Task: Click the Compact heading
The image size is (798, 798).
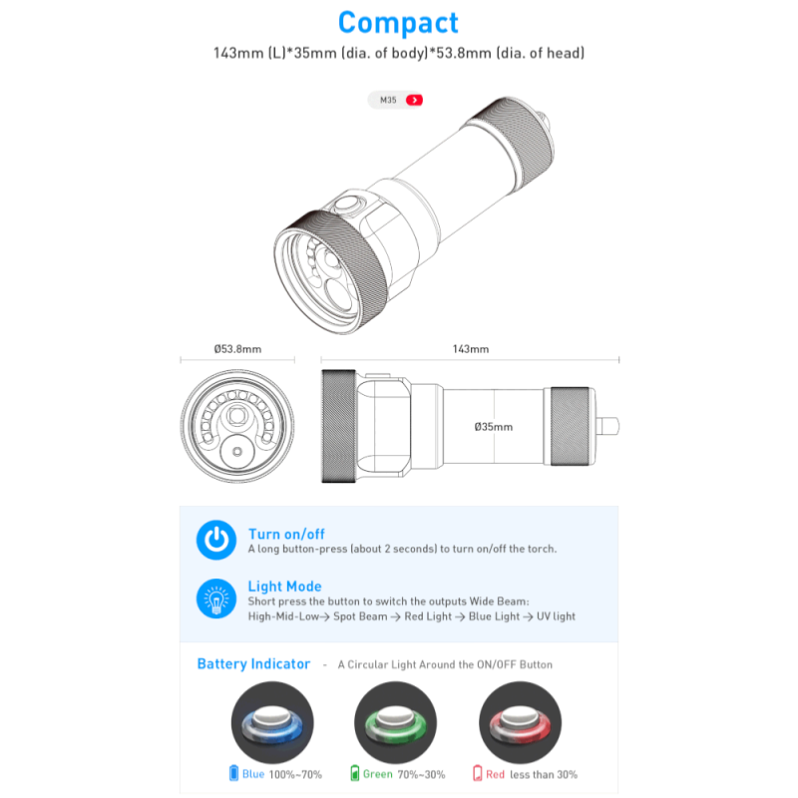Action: click(398, 23)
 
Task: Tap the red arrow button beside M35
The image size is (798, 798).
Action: click(414, 100)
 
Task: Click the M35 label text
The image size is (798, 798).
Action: click(388, 101)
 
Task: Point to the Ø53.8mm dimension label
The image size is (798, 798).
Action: click(237, 349)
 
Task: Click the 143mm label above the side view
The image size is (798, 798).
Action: click(471, 349)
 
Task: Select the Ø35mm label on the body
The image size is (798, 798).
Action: click(493, 427)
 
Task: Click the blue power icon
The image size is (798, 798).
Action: click(216, 540)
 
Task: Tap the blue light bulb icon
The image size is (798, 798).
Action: click(216, 598)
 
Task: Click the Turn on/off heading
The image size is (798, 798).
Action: click(286, 534)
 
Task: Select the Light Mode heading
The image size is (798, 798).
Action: click(285, 587)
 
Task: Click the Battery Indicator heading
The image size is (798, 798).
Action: click(253, 663)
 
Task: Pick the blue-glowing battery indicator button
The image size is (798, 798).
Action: click(272, 722)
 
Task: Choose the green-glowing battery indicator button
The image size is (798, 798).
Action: click(395, 722)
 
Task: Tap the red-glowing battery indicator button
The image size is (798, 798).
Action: click(520, 722)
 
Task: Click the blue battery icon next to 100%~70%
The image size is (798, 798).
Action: click(233, 773)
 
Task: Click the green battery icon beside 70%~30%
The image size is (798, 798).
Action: click(355, 773)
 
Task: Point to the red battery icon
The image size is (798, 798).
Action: click(478, 773)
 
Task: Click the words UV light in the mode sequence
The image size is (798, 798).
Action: click(556, 616)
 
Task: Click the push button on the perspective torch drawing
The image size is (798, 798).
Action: click(347, 203)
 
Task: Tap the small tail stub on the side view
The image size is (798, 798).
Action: click(607, 426)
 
